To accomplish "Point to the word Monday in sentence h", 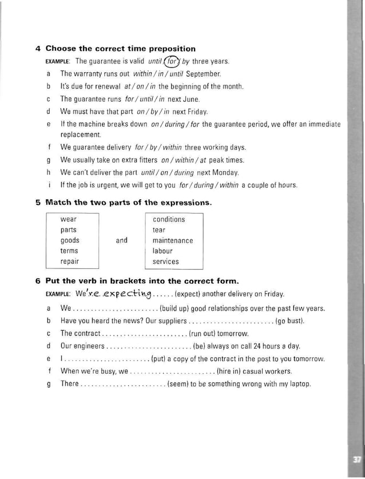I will pos(226,172).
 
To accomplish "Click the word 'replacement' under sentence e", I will pos(81,135).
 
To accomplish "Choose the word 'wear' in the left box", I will pos(69,219).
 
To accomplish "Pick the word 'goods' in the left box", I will pos(70,240).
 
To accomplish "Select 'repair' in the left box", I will pos(70,262).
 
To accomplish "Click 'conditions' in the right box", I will pos(169,219).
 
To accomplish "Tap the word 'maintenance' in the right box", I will pos(173,240).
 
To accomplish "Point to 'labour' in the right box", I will pos(162,251).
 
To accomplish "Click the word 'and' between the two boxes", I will pos(122,240).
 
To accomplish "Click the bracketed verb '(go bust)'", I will pos(289,320).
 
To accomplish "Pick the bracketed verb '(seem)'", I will pos(178,383).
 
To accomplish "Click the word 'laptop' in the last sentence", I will pos(300,383).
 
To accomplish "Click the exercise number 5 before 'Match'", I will pos(38,203).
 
